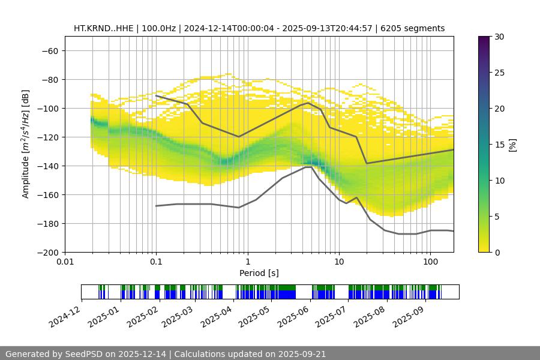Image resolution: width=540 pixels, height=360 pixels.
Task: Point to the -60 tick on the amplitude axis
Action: click(x=50, y=50)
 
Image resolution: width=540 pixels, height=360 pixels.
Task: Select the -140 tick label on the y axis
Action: click(x=47, y=166)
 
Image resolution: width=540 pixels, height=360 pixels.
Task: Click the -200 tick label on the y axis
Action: click(x=47, y=252)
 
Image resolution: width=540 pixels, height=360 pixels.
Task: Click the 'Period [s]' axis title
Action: click(x=259, y=273)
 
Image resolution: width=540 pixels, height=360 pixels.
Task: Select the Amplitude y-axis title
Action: click(x=26, y=144)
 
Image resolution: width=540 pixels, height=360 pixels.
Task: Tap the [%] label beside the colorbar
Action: click(x=513, y=145)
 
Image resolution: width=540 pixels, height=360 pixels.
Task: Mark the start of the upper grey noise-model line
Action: click(x=156, y=95)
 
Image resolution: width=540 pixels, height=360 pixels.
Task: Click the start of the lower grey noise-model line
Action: click(x=156, y=206)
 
